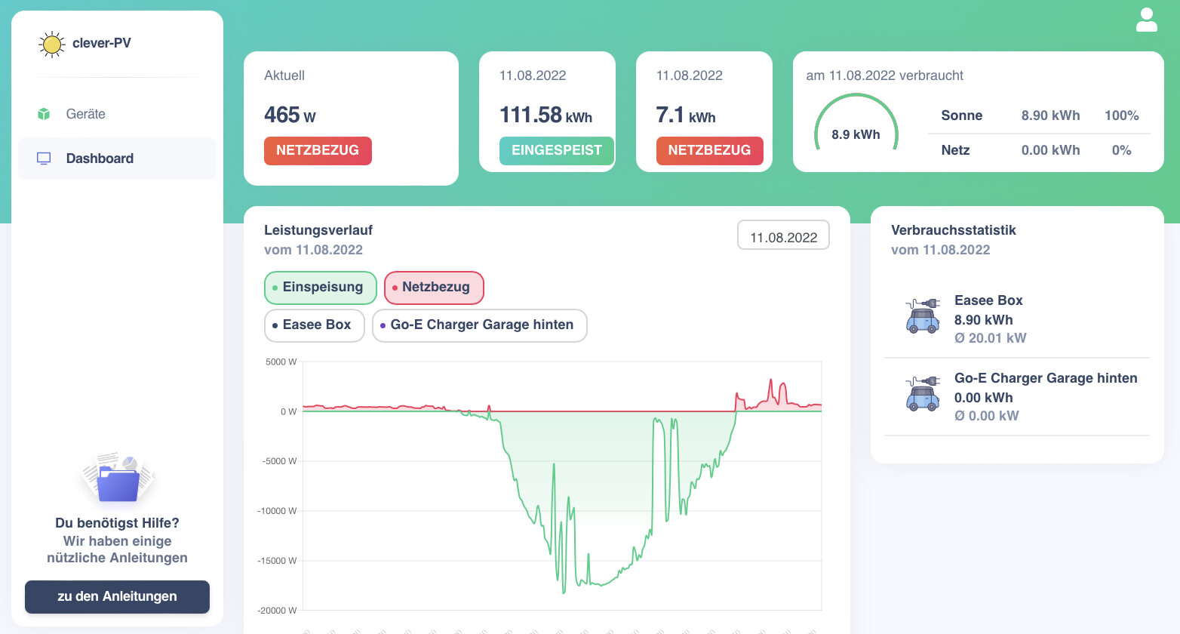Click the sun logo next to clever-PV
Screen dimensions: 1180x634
click(51, 45)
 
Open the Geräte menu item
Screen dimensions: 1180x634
click(85, 114)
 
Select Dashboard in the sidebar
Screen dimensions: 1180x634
click(100, 158)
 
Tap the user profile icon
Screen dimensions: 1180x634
click(1146, 20)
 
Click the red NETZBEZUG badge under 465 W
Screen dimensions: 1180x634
click(318, 151)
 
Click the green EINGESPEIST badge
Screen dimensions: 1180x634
click(556, 151)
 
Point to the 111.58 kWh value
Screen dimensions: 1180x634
click(545, 115)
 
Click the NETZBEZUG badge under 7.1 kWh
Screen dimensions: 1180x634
click(709, 151)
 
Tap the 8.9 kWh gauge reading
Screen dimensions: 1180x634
click(856, 134)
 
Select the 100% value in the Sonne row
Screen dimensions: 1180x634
click(1121, 115)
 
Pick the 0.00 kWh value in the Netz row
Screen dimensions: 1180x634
click(1050, 150)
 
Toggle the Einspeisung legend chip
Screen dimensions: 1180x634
click(321, 288)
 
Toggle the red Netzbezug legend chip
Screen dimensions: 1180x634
click(434, 288)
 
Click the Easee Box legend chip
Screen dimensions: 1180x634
click(315, 325)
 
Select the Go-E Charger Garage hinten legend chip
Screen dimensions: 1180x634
click(479, 325)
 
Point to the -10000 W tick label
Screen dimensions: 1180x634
click(277, 511)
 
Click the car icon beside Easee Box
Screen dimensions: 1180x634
click(923, 315)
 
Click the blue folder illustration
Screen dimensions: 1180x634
click(118, 483)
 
